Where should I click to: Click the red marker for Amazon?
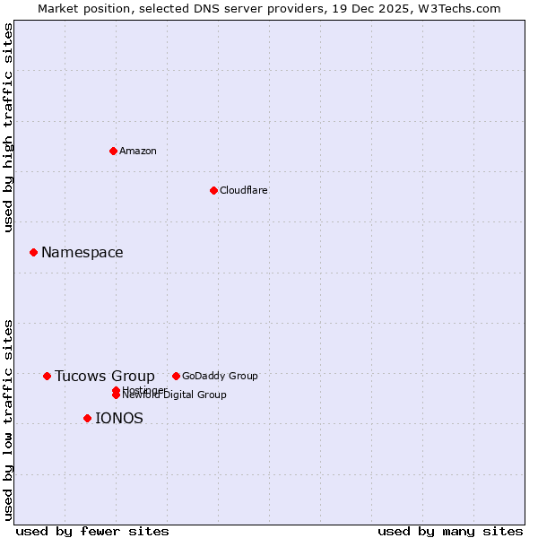coord(114,151)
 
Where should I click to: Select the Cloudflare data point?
coord(213,190)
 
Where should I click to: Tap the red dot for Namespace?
coord(33,252)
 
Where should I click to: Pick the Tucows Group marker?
coord(47,376)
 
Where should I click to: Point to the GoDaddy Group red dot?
coord(176,376)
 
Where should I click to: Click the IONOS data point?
coord(87,418)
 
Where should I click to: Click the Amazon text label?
coord(138,151)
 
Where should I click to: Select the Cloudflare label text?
coord(244,190)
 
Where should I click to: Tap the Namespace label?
coord(82,253)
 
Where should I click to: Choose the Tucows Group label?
coord(105,377)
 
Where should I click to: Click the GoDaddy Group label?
coord(220,376)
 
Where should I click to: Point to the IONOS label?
coord(119,419)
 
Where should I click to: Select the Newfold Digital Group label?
coord(175,395)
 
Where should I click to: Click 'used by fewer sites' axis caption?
coord(92,532)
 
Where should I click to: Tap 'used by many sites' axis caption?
coord(450,532)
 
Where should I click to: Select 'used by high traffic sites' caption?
coord(8,127)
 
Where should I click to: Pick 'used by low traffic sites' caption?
coord(8,419)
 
